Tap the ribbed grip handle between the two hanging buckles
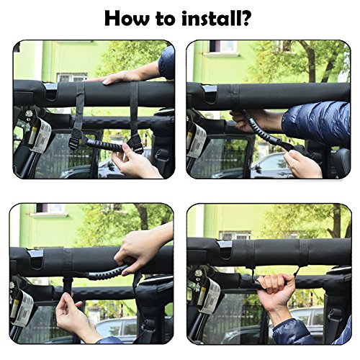point(104,144)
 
